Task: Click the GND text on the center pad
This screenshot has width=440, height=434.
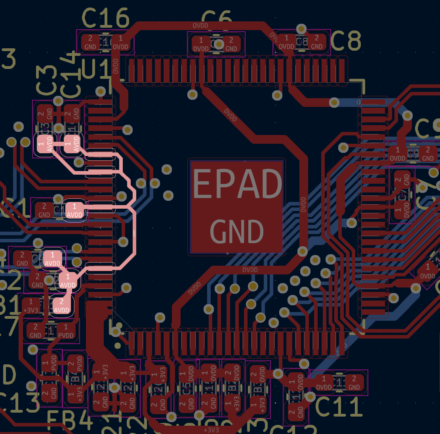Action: coord(237,232)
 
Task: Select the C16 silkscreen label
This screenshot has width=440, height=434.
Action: coord(105,18)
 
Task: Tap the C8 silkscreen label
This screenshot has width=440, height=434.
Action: coord(345,40)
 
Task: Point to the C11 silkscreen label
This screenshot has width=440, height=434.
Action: coord(339,407)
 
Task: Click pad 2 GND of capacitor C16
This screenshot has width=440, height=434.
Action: coord(90,42)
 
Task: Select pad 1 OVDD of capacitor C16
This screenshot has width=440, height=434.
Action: coord(120,42)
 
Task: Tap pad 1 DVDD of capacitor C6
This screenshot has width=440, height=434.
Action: coord(201,44)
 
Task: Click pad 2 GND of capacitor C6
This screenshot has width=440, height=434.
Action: coord(231,44)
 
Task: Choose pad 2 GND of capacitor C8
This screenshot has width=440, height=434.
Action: coord(316,42)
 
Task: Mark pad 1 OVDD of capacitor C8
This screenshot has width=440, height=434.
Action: coord(286,42)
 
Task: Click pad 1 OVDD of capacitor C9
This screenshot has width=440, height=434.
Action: coord(398,154)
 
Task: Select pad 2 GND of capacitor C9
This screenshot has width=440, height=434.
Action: coord(428,154)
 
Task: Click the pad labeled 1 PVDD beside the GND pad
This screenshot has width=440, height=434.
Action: coord(66,331)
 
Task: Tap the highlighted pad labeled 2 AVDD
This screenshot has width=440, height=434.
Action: coord(61,306)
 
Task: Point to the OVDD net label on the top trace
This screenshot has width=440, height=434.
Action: coord(200,25)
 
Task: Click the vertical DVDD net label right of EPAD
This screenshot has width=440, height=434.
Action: coord(303,204)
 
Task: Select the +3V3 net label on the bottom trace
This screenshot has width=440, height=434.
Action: coord(211,430)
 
